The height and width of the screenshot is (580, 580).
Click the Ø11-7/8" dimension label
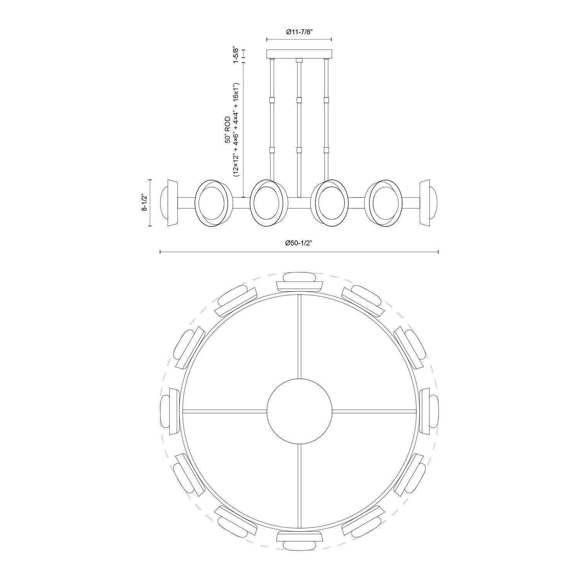[299, 32]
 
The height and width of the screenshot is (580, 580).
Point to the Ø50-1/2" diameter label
[299, 243]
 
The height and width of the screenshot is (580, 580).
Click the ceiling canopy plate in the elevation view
[299, 53]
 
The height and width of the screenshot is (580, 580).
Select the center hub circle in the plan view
[299, 411]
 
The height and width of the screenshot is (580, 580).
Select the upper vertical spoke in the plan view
[299, 336]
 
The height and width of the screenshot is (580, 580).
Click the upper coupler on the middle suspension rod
[299, 100]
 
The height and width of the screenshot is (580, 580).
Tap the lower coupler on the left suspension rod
[272, 150]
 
